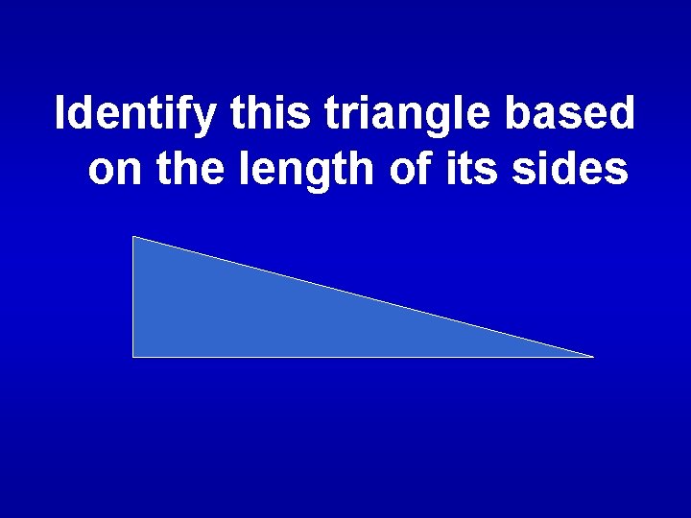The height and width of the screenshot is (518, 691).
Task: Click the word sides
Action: point(560,170)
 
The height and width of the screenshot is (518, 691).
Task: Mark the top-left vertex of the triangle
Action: point(133,237)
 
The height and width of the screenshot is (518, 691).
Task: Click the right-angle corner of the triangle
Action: point(133,356)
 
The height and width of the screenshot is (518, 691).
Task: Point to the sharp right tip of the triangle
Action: point(591,356)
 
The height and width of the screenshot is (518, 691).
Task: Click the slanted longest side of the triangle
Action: point(363,296)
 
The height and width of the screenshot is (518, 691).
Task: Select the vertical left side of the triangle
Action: point(132,297)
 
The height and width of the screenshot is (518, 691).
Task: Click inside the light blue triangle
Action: point(240,317)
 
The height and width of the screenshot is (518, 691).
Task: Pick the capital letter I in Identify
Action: point(61,113)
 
